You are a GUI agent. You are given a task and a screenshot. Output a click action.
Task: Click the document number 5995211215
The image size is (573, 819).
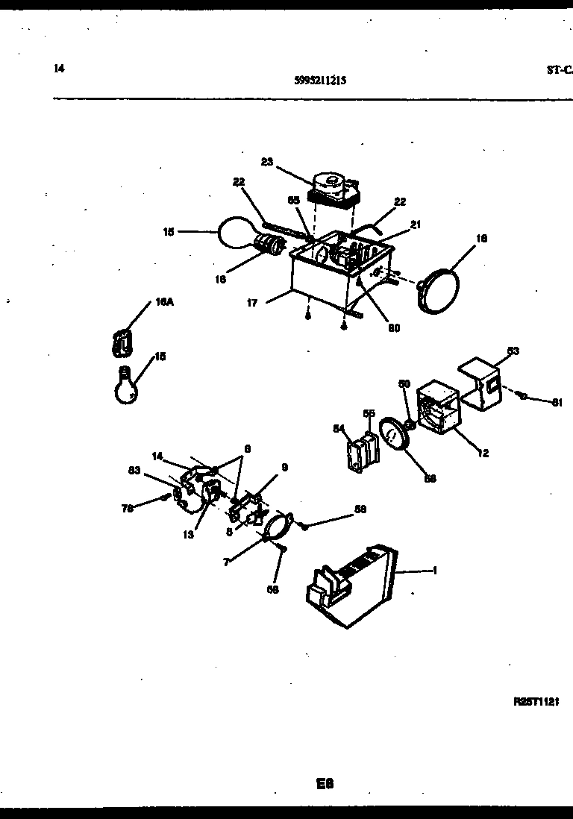(x=320, y=81)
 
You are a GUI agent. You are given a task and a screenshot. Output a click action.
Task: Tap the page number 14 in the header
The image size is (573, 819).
(x=59, y=68)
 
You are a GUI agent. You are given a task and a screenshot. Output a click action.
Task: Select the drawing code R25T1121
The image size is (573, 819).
(x=536, y=702)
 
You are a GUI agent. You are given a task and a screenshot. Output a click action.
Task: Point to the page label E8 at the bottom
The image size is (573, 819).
(x=324, y=784)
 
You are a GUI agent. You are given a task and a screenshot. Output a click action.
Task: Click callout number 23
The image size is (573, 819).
(x=268, y=161)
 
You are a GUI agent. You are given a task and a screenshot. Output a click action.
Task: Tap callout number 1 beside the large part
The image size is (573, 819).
(x=434, y=571)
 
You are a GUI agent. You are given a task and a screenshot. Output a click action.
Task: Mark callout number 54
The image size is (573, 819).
(x=338, y=427)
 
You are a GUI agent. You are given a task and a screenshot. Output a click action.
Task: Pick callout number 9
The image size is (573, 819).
(x=284, y=468)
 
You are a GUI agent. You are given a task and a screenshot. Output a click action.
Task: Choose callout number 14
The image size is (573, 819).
(x=157, y=455)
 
